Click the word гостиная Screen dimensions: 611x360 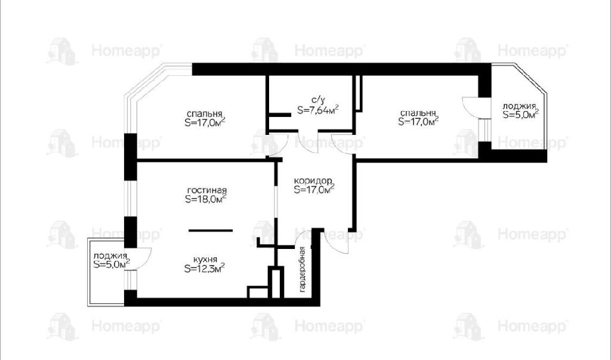[206, 190]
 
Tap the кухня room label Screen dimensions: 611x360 [205, 260]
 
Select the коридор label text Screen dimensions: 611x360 [313, 181]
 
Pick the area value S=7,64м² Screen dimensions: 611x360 [317, 110]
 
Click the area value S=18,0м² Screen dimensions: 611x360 [206, 199]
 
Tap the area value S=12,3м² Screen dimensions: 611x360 [204, 268]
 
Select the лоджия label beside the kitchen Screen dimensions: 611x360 [110, 256]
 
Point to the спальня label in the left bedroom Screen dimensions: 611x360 [204, 114]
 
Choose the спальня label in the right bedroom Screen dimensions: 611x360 [418, 113]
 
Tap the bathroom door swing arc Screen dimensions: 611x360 [308, 142]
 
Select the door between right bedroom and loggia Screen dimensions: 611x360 [471, 106]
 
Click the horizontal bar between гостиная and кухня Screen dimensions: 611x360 [211, 230]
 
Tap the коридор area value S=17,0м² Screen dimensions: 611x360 [314, 190]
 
